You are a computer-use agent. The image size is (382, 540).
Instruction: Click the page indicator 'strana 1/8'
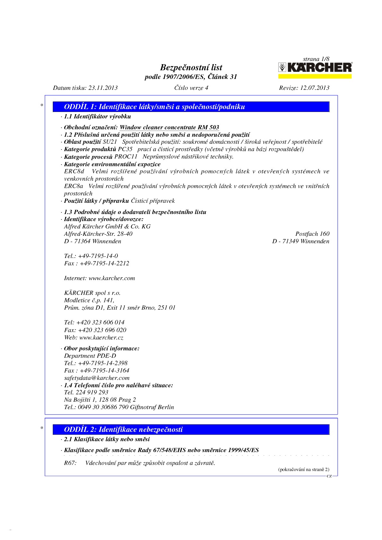point(316,59)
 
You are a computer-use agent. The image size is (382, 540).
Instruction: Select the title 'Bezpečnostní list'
point(191,67)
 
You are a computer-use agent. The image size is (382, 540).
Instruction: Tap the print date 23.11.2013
point(103,88)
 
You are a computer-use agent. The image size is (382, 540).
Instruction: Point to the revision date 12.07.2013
point(315,88)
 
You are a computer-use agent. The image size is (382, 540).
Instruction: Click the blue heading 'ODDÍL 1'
point(154,107)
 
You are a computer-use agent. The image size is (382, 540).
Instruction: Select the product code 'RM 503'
point(208,127)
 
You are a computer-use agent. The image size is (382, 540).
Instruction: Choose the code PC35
point(125,149)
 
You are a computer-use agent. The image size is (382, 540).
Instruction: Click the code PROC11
point(126,157)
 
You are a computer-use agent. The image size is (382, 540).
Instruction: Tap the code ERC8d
point(74,171)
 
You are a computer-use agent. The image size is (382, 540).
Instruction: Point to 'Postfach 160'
point(312,234)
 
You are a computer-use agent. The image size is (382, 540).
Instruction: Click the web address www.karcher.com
point(112,278)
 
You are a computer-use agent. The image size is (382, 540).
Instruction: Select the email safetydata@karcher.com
point(97,378)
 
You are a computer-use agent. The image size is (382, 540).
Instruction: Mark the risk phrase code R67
point(70,463)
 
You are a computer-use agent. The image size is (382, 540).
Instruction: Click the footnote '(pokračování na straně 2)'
point(303,469)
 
